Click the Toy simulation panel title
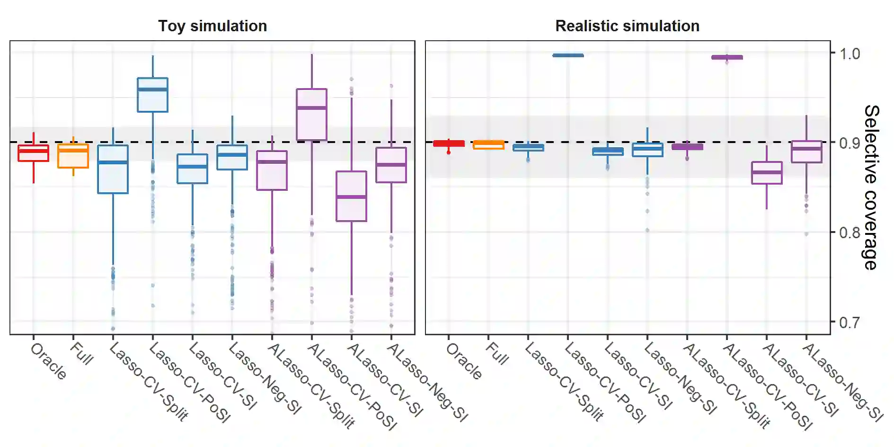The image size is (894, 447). (212, 26)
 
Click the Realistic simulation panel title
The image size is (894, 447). (627, 26)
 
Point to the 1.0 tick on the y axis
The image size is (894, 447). (850, 54)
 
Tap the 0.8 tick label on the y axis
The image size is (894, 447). (850, 232)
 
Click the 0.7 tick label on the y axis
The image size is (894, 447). (850, 323)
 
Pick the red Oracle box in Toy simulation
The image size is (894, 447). (33, 153)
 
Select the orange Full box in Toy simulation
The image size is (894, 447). (73, 156)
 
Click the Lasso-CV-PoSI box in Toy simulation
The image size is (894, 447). (152, 95)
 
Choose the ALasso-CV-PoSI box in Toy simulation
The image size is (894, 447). (311, 115)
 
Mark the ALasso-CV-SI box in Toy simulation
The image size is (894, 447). (351, 196)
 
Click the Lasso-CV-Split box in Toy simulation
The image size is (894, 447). (113, 169)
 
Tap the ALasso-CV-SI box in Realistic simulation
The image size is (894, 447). (767, 173)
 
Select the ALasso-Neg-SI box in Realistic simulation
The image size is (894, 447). (806, 152)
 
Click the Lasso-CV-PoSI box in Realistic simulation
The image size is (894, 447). (568, 55)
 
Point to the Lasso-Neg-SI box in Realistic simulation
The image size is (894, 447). (647, 150)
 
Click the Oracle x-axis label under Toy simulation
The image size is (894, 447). (48, 361)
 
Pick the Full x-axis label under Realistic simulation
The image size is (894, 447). (497, 354)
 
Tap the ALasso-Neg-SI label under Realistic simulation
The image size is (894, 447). (842, 382)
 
